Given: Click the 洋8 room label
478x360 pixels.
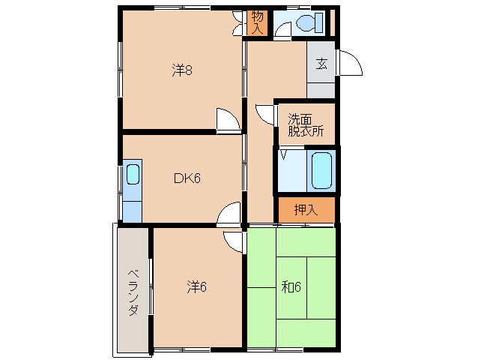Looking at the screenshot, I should point(183,71).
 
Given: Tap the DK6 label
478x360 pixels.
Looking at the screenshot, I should point(187,178).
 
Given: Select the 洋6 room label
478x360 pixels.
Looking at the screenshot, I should point(197,286).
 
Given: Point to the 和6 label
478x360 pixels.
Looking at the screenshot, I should point(292,286).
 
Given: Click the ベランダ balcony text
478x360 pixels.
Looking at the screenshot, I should point(133,292).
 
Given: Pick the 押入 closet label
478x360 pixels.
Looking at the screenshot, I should point(306,210).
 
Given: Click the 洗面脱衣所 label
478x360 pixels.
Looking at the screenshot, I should point(306,124).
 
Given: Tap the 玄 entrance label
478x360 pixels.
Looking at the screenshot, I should point(321,64).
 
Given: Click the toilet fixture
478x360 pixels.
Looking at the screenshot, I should point(308,24).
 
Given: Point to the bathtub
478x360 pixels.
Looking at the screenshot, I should point(321,170).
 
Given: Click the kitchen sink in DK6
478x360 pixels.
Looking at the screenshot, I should point(133,175).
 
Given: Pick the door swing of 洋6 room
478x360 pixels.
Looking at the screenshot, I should point(233,241).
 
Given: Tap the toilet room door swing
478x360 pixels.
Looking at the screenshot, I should point(282,30).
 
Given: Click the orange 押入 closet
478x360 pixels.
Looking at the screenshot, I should point(306,211).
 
